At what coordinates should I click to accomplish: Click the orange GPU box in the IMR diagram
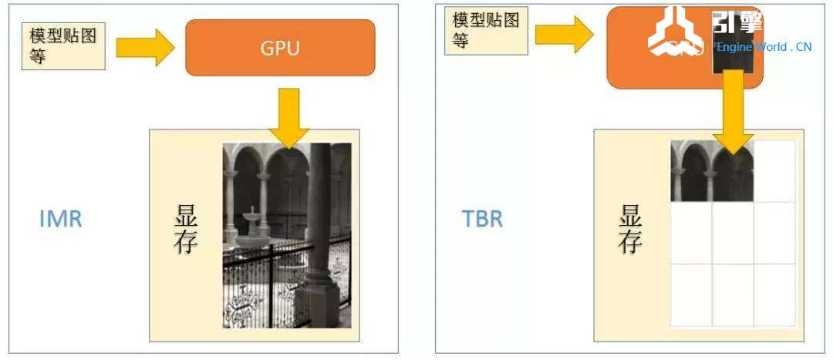pyautogui.click(x=280, y=48)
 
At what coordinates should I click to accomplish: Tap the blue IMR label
pyautogui.click(x=60, y=219)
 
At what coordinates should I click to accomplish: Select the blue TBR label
pyautogui.click(x=482, y=219)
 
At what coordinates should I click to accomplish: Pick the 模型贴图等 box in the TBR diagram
pyautogui.click(x=486, y=31)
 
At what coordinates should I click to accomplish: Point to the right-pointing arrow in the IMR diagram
pyautogui.click(x=145, y=48)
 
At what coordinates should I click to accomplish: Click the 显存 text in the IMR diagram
pyautogui.click(x=186, y=230)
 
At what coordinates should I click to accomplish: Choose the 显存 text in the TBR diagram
pyautogui.click(x=630, y=230)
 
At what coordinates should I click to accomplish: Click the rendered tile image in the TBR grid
pyautogui.click(x=712, y=171)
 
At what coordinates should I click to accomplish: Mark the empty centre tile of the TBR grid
pyautogui.click(x=733, y=233)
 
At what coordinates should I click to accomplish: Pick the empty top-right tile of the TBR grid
pyautogui.click(x=774, y=171)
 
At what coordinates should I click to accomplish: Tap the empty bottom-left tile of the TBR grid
pyautogui.click(x=691, y=294)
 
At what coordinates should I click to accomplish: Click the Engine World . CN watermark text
pyautogui.click(x=764, y=47)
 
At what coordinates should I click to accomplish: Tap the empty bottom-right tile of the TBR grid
pyautogui.click(x=774, y=294)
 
